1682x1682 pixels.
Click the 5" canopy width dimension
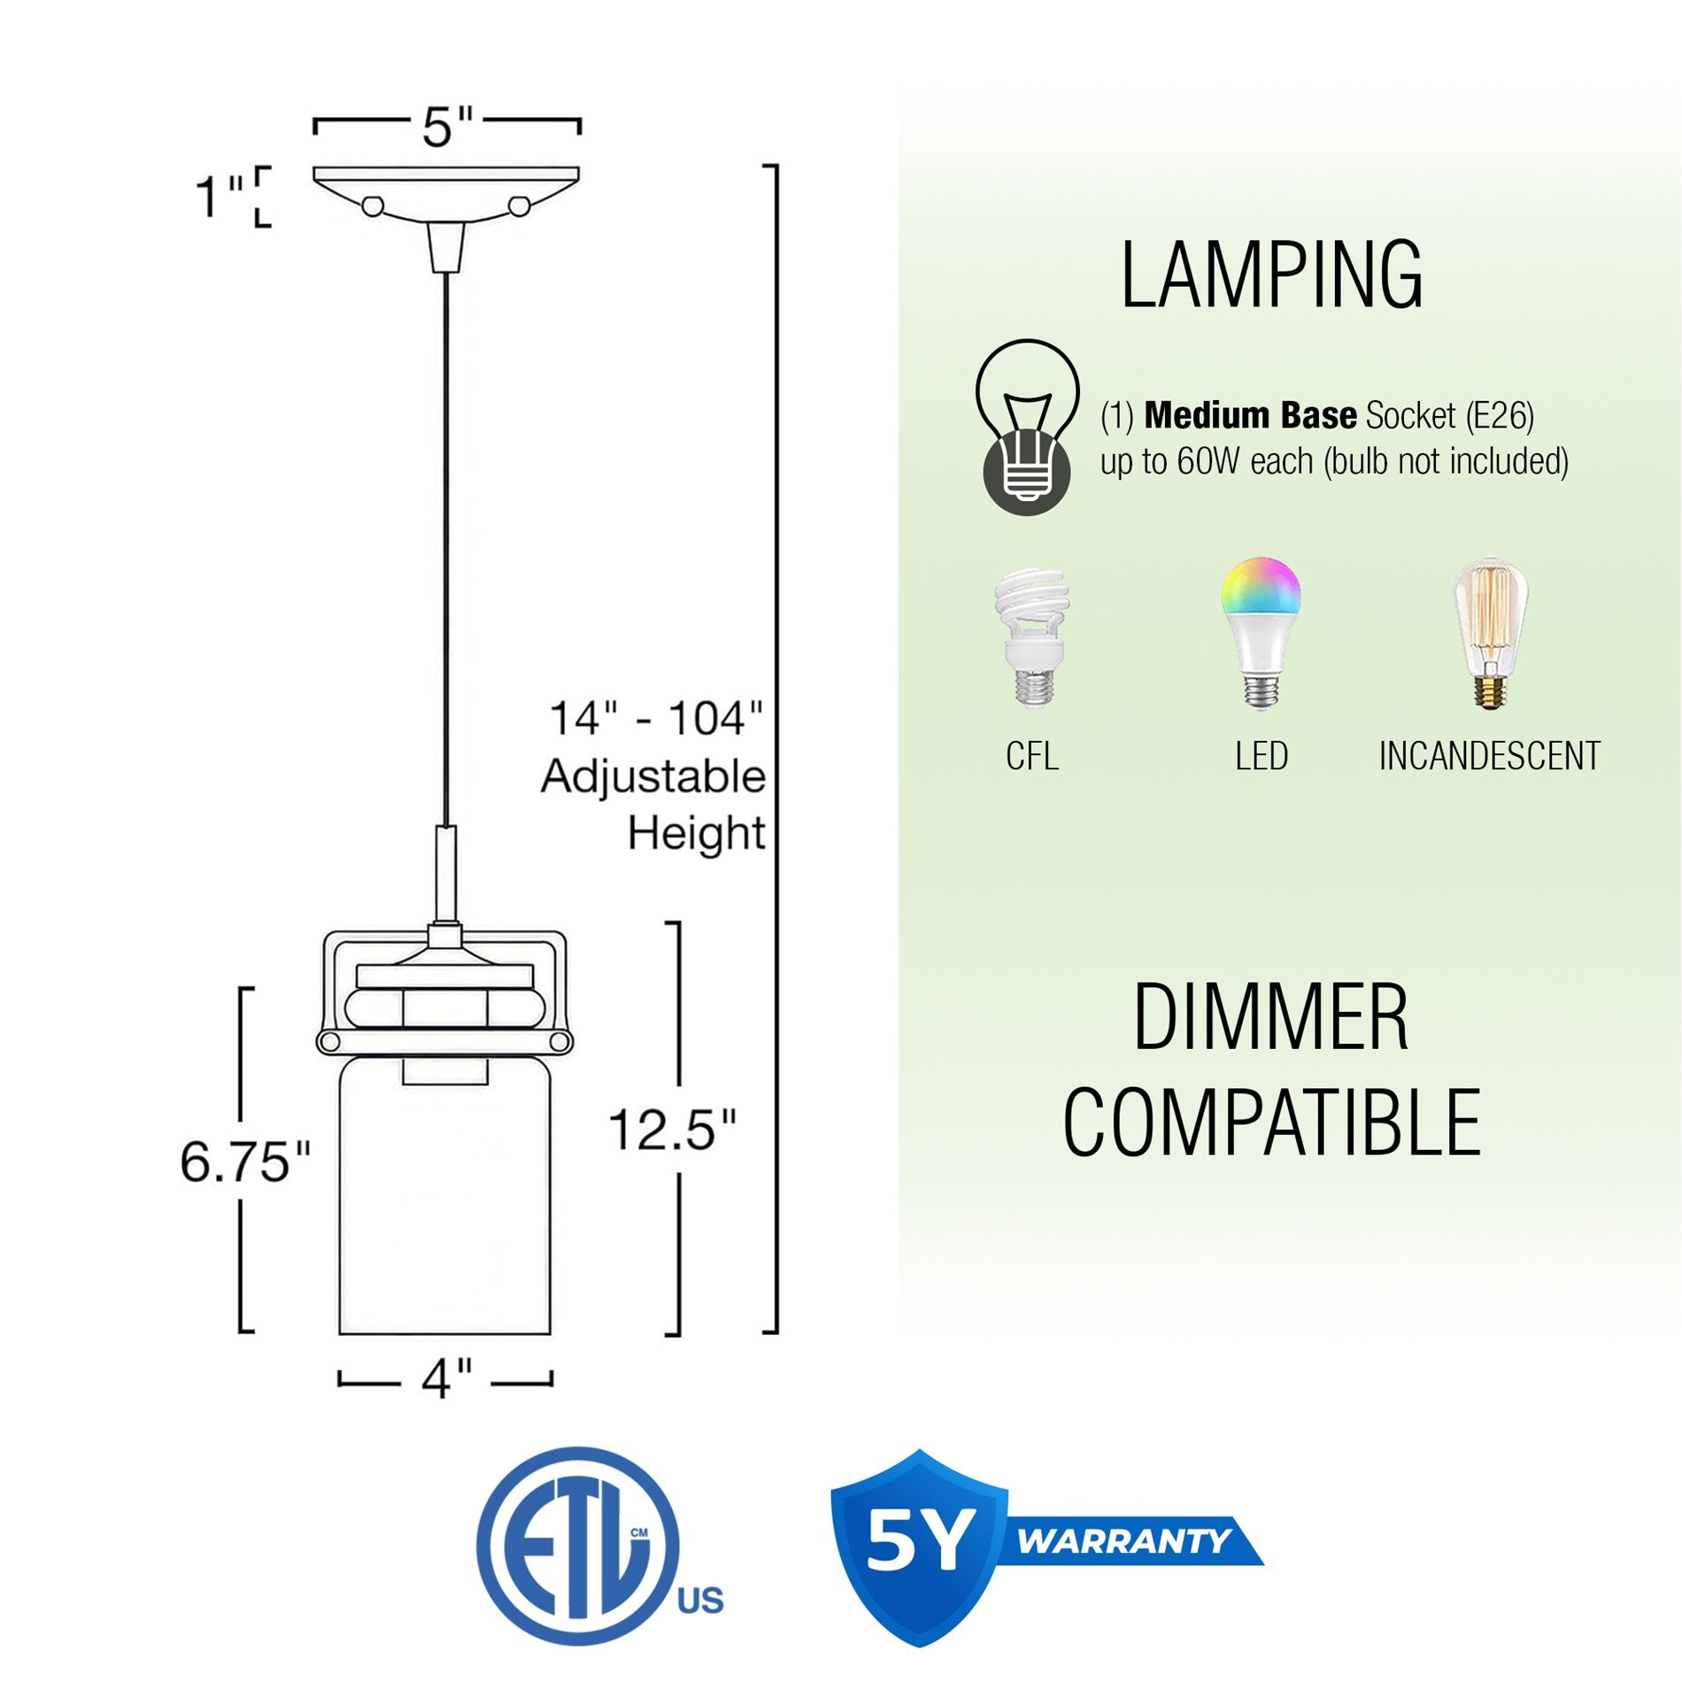pos(447,127)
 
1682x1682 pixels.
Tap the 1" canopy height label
pos(218,197)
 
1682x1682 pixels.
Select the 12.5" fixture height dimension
pos(672,1130)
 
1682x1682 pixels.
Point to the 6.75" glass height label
pos(245,1162)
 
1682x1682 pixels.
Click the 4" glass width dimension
pos(446,1378)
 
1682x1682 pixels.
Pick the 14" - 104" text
pos(655,718)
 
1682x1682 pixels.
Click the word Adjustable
pos(653,776)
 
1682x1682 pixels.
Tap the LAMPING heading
pos(1271,275)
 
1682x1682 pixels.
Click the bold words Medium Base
pos(1250,415)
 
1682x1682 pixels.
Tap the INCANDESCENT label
pos(1489,756)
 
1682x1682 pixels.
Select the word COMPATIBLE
pos(1271,1123)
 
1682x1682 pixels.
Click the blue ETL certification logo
pos(580,1546)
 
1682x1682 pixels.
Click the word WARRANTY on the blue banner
pos(1123,1541)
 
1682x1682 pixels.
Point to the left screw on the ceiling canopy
pos(373,206)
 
